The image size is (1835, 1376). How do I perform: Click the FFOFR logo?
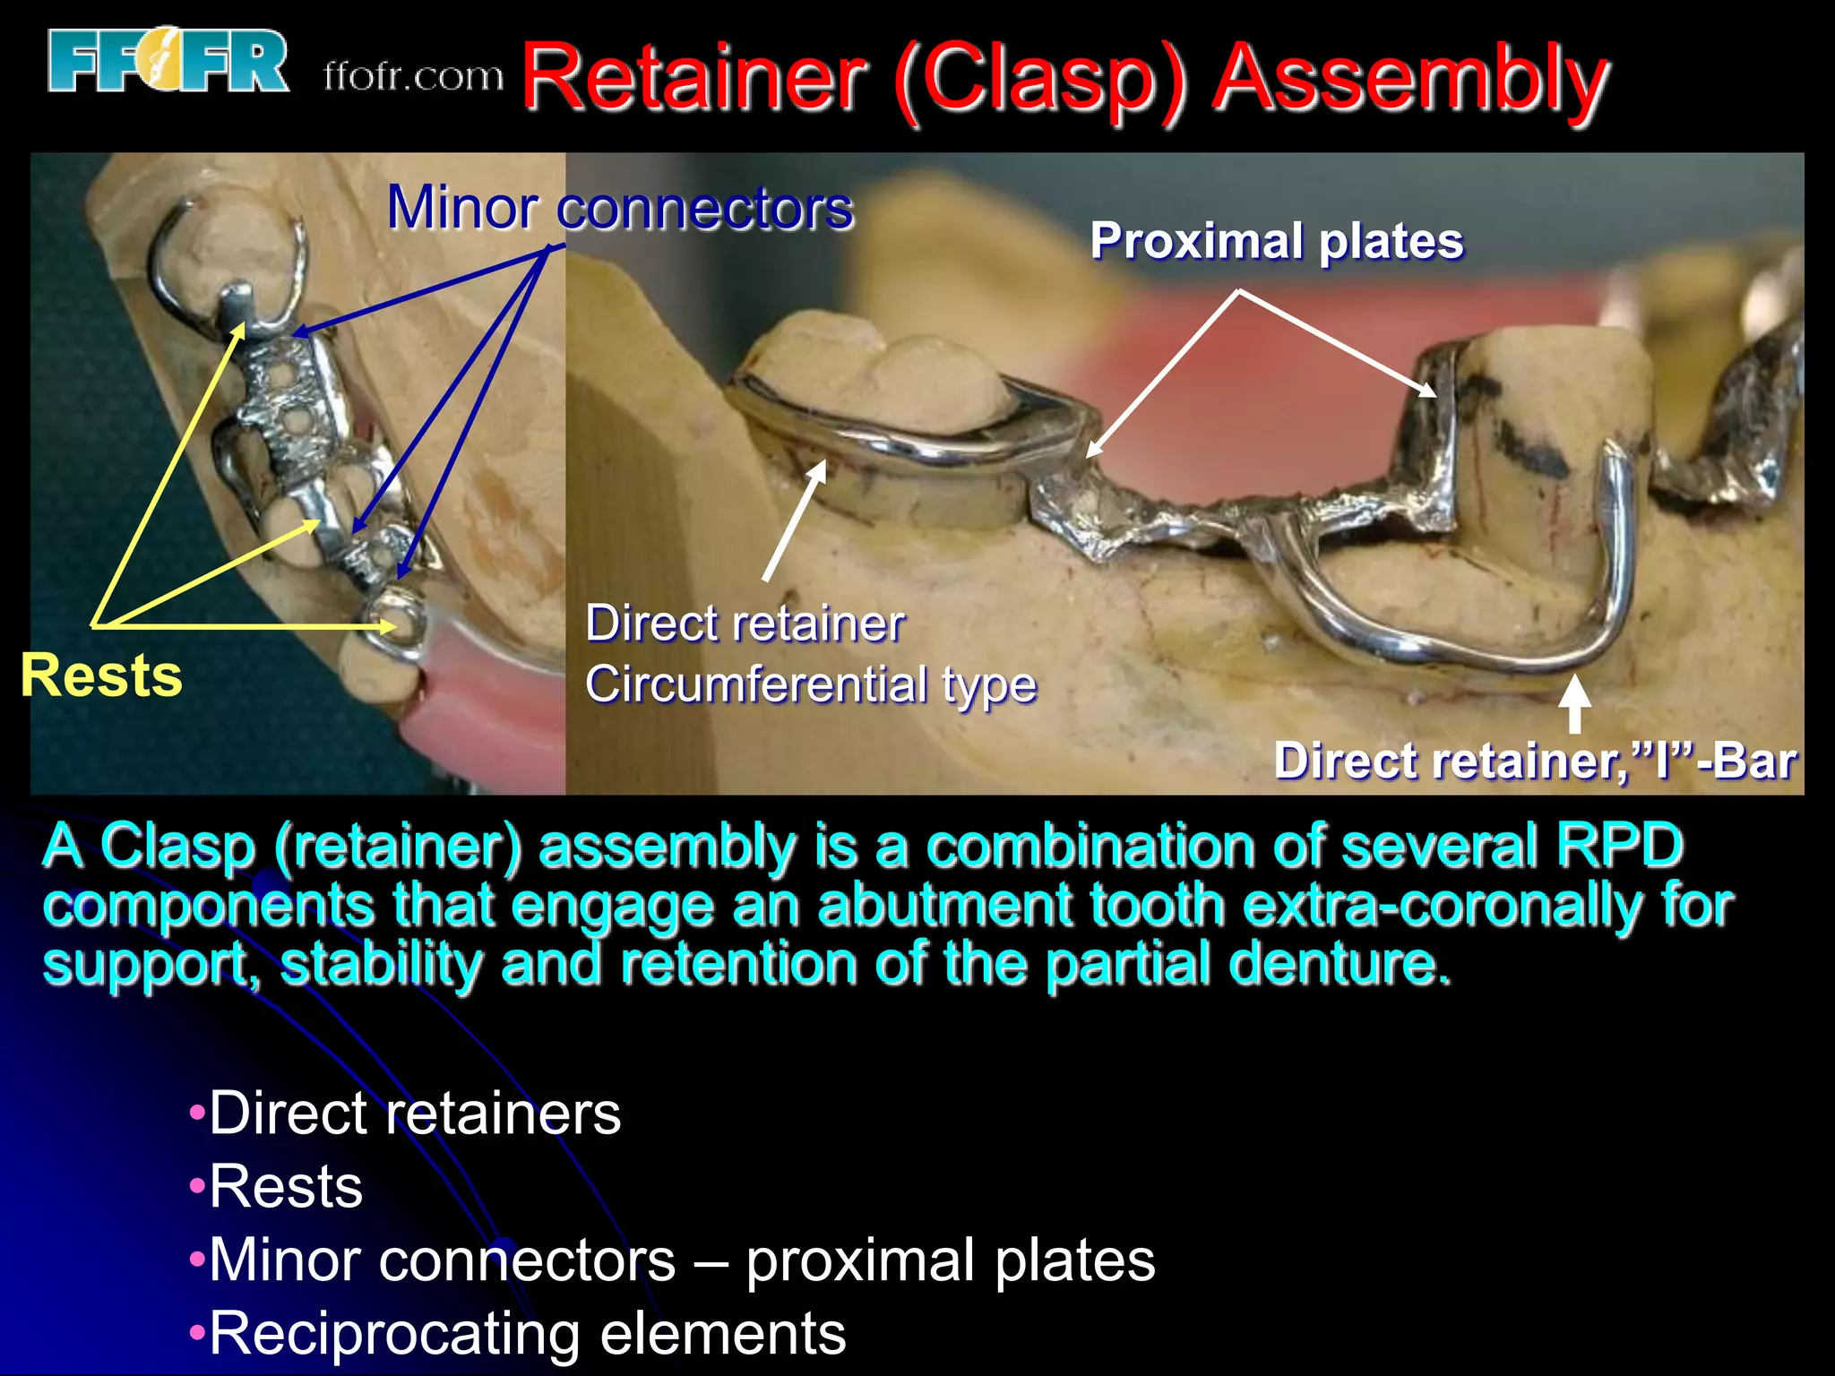(x=168, y=61)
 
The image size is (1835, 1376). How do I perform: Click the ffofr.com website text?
(x=413, y=77)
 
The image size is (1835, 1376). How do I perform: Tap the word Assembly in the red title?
(x=1410, y=81)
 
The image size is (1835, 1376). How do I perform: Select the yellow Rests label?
(x=101, y=675)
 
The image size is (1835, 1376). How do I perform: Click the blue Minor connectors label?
(x=619, y=208)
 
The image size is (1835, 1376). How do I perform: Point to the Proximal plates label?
(x=1276, y=242)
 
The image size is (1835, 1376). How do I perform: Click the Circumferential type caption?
(x=810, y=685)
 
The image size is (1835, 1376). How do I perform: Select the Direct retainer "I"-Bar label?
(x=1534, y=761)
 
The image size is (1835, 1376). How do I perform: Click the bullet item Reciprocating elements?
(x=527, y=1333)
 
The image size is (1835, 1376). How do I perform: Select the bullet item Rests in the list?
(x=285, y=1187)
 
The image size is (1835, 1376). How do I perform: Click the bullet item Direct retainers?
(x=414, y=1114)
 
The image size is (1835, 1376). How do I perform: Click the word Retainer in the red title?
(x=694, y=81)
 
